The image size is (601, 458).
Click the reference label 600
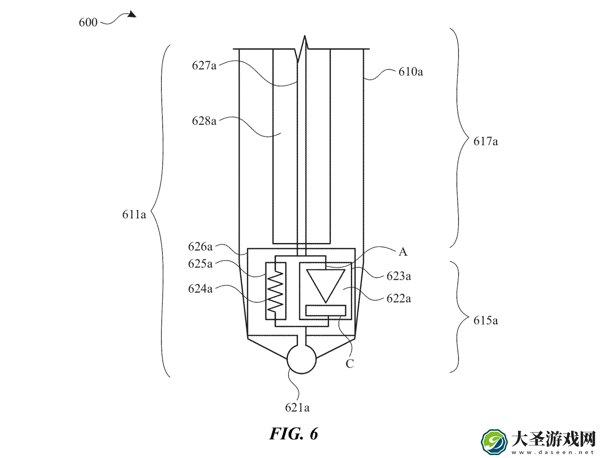click(88, 22)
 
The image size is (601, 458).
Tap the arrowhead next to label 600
click(132, 14)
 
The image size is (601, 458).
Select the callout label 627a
click(204, 66)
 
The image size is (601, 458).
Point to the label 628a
click(204, 120)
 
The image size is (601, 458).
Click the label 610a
click(410, 72)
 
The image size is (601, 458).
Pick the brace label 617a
click(485, 141)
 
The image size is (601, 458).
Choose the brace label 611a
click(134, 214)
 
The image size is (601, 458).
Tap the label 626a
click(200, 247)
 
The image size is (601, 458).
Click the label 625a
click(200, 264)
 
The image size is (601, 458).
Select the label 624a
click(200, 289)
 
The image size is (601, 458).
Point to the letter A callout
click(403, 252)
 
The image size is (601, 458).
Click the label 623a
click(399, 276)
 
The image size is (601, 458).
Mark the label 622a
click(399, 299)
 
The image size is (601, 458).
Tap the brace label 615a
click(485, 321)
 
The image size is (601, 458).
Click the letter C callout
click(350, 363)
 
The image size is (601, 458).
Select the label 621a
click(297, 408)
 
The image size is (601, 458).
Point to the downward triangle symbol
click(325, 286)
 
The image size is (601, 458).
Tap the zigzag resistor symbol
click(276, 291)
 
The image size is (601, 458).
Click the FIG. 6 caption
click(294, 434)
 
